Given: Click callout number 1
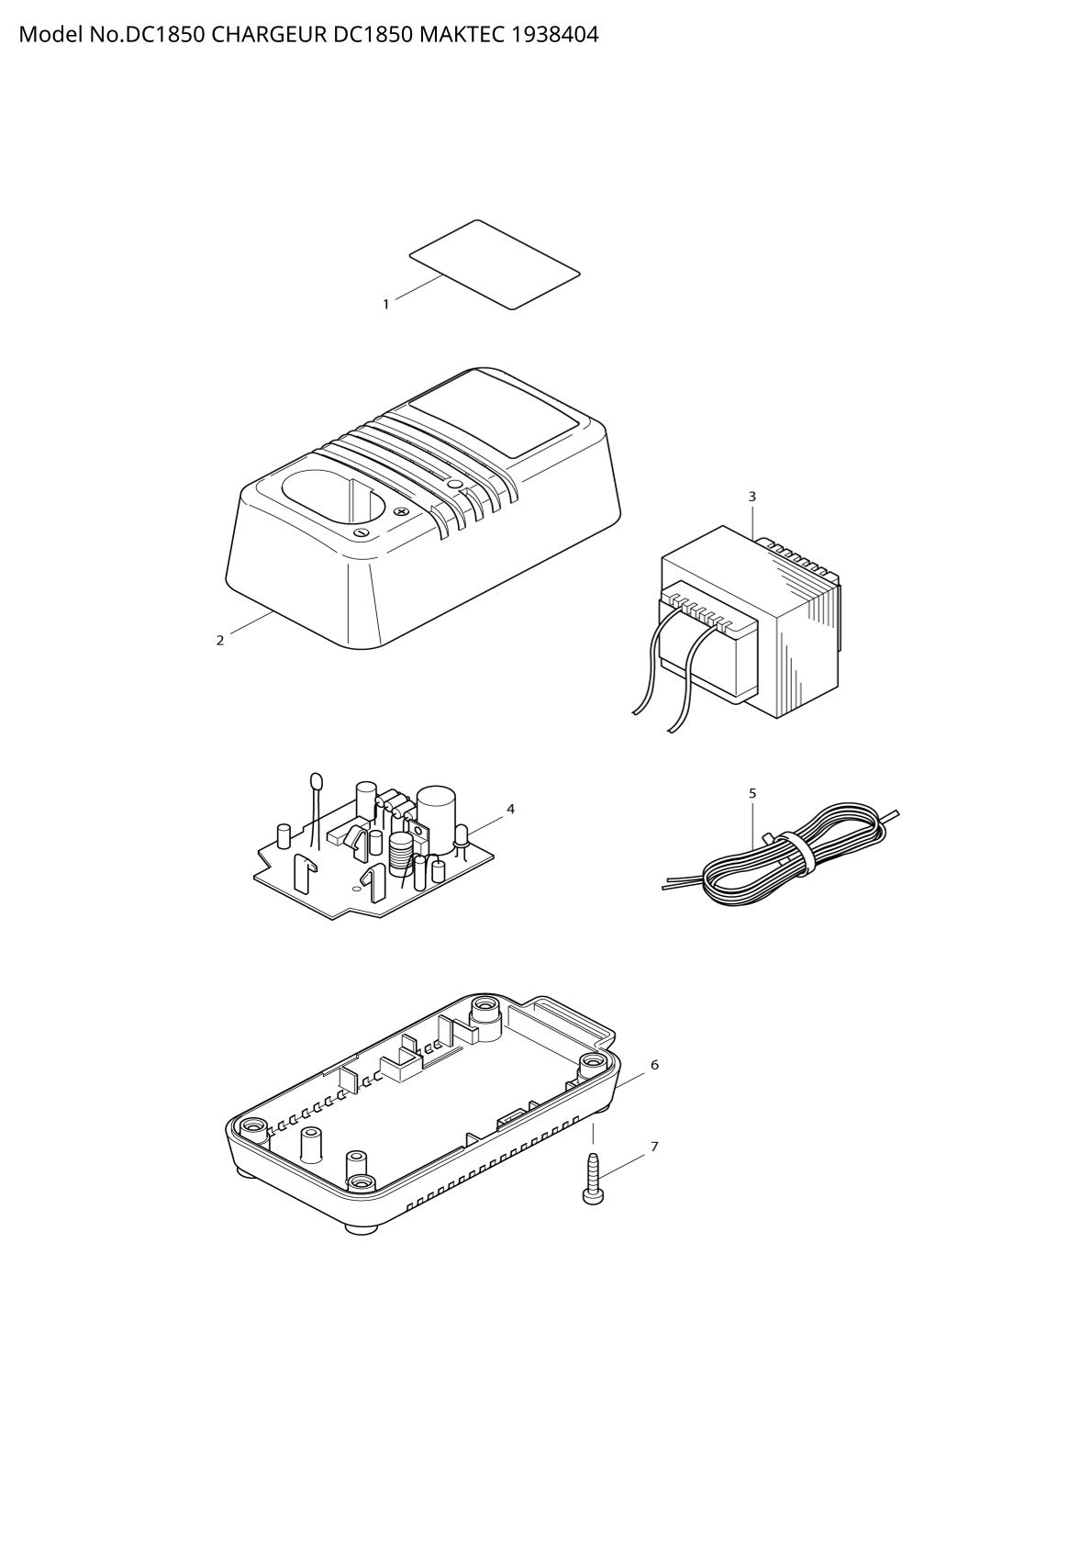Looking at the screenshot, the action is (x=386, y=304).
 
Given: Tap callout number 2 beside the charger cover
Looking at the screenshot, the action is (x=220, y=641).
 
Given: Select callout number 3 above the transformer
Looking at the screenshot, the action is (x=752, y=497).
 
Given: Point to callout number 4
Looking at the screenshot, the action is (x=510, y=809).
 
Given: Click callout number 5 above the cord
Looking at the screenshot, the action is (x=752, y=794).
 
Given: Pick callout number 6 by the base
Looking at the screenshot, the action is (x=654, y=1065).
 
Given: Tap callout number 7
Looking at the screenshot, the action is (x=654, y=1147).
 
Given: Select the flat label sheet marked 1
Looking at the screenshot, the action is (x=495, y=265).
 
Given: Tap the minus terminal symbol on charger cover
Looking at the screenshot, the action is (x=361, y=533).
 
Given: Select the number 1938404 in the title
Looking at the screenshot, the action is (x=554, y=35).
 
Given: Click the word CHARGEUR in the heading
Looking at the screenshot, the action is (x=269, y=35).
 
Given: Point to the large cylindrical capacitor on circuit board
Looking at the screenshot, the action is (x=434, y=817).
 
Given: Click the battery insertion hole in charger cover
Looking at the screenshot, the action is (x=329, y=498).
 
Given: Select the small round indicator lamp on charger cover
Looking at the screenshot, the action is (x=453, y=485).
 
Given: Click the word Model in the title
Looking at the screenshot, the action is (x=50, y=35).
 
